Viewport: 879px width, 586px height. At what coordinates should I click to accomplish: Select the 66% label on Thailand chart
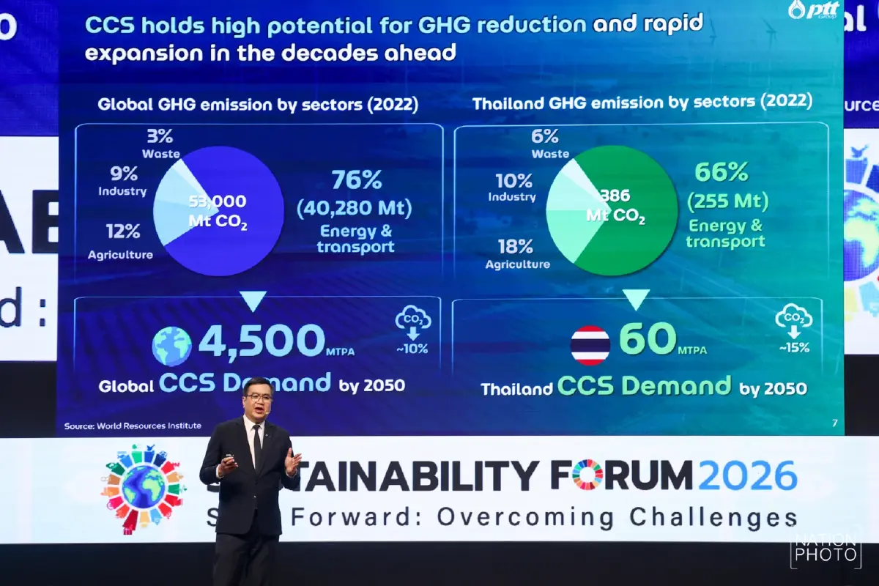721,173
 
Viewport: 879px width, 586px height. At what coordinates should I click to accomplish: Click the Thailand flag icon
590,345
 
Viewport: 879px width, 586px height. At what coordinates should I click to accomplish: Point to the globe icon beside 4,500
172,346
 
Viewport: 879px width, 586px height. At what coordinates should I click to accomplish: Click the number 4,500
262,341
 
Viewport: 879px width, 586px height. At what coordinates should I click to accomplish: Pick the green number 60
648,339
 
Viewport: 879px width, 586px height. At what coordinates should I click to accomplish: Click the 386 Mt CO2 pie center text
615,206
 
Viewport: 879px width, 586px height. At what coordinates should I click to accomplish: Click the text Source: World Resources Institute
133,426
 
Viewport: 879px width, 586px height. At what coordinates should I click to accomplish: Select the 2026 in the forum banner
747,475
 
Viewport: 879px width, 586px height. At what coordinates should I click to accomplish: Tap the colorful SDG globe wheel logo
143,486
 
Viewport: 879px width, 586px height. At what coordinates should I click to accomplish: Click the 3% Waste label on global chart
160,143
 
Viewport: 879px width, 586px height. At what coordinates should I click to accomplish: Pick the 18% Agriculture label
517,253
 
